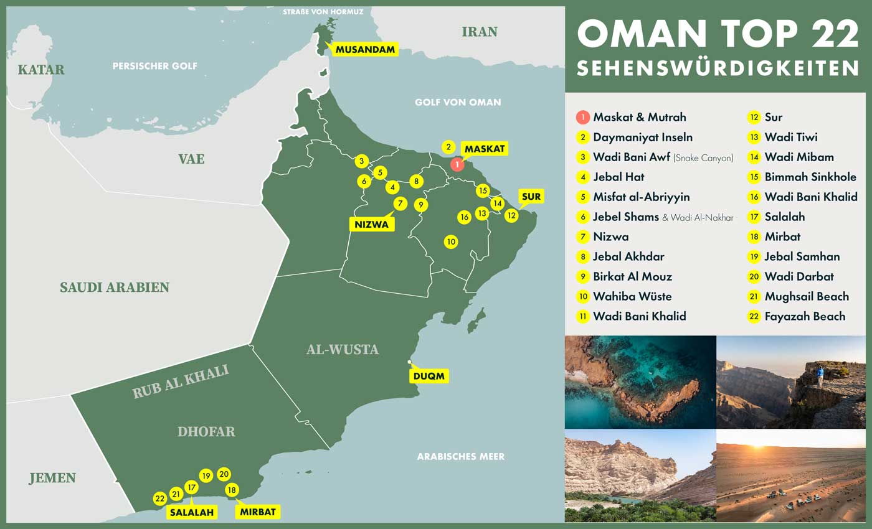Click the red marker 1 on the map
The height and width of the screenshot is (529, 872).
(457, 164)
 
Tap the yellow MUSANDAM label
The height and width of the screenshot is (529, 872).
(366, 50)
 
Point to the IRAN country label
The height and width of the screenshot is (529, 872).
(480, 32)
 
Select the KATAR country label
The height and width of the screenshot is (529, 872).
(41, 69)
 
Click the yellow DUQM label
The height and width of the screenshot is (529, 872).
(429, 376)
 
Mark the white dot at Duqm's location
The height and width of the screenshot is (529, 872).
(409, 362)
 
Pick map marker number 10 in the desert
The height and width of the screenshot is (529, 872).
(451, 241)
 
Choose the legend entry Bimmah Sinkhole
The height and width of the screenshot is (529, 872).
(810, 177)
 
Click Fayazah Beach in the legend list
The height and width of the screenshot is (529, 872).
(805, 316)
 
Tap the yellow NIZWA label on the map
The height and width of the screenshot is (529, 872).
(372, 224)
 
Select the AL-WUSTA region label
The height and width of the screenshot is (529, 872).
(342, 349)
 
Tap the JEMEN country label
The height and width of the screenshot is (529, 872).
(52, 478)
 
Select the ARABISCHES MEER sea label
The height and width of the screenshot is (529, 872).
(460, 456)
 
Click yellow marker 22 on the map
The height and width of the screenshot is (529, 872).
(160, 499)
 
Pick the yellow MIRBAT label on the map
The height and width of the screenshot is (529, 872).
(257, 512)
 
